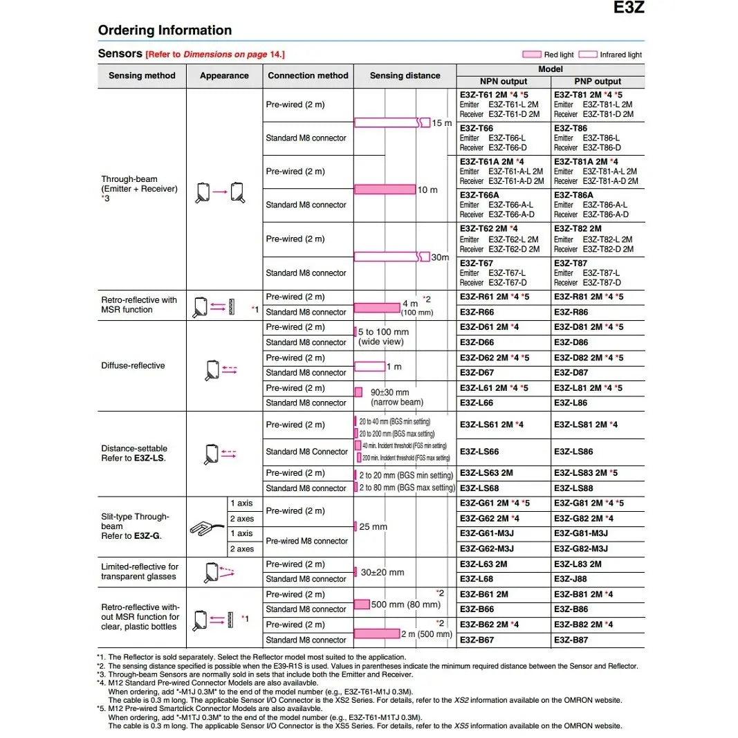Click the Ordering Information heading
tap(165, 30)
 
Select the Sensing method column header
tap(142, 76)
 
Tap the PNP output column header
tap(598, 81)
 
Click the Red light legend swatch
tap(532, 55)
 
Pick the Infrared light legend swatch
tap(588, 55)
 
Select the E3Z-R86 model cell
tap(571, 312)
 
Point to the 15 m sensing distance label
tap(441, 123)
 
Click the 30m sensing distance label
tap(440, 257)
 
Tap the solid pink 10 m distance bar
tap(385, 190)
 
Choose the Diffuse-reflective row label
tap(133, 365)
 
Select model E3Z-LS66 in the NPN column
tap(479, 452)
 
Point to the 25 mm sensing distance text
tap(373, 527)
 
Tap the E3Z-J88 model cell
tap(571, 579)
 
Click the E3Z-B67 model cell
tap(477, 640)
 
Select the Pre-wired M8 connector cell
tap(306, 541)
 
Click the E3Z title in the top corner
tap(629, 8)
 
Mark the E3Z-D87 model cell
tap(571, 373)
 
